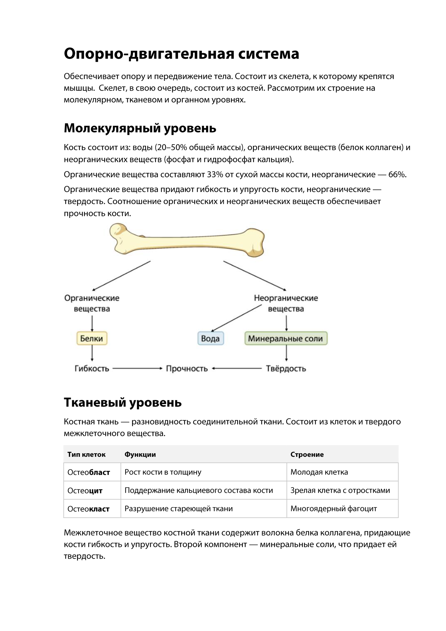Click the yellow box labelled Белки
click(x=92, y=338)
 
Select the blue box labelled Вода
click(x=211, y=338)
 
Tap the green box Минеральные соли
click(x=286, y=338)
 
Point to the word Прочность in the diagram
click(x=187, y=369)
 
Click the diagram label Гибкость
click(x=92, y=369)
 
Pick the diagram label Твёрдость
click(x=286, y=369)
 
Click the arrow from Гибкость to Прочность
click(x=137, y=368)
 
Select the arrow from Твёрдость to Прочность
click(x=237, y=368)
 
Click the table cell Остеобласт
click(x=89, y=472)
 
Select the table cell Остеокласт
click(x=89, y=509)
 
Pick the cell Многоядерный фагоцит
click(x=333, y=509)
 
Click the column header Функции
click(x=140, y=455)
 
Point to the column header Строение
click(x=307, y=455)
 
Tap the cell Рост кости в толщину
click(x=163, y=472)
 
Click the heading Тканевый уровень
click(x=122, y=402)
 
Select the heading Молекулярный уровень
click(x=140, y=128)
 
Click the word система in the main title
click(x=268, y=54)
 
